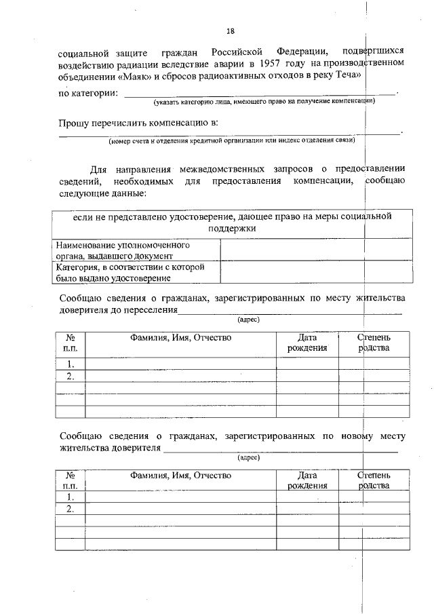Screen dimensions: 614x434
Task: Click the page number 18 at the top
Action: click(x=230, y=31)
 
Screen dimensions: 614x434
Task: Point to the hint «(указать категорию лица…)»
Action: click(x=264, y=101)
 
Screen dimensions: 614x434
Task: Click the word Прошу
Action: click(x=75, y=123)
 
